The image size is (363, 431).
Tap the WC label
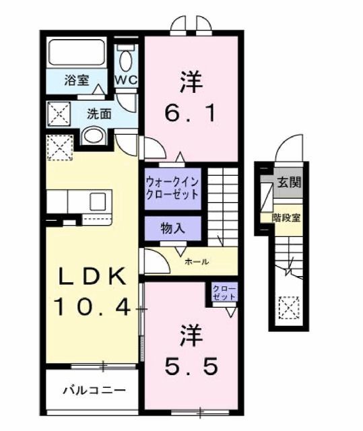[x=126, y=79]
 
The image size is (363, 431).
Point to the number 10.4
[x=92, y=307]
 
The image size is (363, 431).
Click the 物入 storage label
[x=172, y=228]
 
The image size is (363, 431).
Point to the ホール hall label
[x=195, y=261]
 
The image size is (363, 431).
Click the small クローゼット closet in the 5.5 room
[x=223, y=293]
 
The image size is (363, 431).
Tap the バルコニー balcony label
[x=94, y=390]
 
